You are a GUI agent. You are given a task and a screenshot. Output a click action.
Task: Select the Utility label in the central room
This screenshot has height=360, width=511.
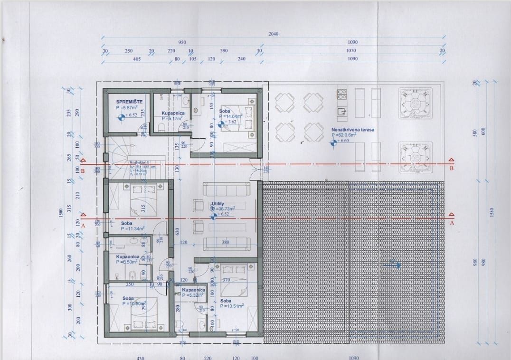(x=218, y=203)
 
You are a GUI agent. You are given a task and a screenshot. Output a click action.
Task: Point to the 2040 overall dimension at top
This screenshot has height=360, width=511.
(x=273, y=34)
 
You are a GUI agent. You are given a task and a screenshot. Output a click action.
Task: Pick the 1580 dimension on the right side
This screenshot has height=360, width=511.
(x=492, y=212)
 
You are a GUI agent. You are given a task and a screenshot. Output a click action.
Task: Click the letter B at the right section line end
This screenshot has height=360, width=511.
(x=451, y=168)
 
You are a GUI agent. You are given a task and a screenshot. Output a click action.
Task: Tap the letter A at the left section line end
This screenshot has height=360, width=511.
(x=83, y=226)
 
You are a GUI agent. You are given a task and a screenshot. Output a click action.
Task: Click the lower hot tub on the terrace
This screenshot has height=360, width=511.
(x=416, y=157)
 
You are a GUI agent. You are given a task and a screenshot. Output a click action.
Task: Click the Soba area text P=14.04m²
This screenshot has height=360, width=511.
(x=231, y=116)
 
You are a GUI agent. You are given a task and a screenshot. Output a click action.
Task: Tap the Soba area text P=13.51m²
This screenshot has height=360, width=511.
(x=232, y=306)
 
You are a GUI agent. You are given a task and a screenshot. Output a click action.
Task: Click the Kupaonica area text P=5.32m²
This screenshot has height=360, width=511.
(x=193, y=294)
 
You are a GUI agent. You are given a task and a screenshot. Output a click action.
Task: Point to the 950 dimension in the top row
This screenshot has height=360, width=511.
(x=182, y=42)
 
